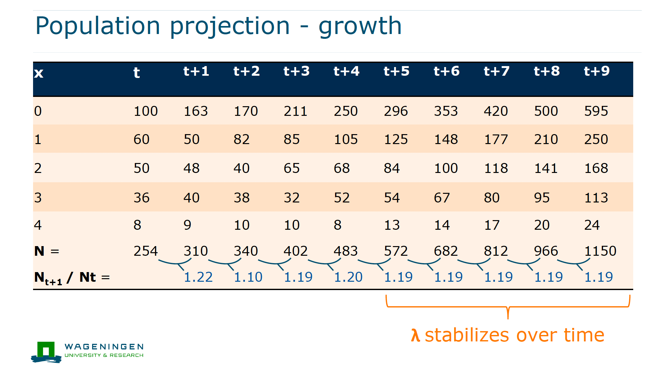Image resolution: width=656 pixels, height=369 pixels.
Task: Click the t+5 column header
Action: point(396,71)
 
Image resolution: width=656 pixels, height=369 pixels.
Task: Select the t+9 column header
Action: point(597,71)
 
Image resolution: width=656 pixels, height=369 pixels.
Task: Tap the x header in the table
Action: point(39,73)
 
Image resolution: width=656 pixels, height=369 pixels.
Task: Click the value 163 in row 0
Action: point(196,111)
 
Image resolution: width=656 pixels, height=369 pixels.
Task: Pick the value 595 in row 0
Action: point(596,111)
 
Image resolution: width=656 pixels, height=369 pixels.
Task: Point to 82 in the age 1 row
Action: point(241,140)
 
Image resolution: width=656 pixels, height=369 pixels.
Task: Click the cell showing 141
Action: point(546,168)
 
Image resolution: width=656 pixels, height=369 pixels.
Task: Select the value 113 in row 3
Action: point(596,198)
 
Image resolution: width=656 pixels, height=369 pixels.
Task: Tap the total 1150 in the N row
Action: point(600,251)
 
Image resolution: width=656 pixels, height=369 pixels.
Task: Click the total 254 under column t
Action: point(146,251)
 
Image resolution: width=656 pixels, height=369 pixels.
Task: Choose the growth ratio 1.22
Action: point(198,277)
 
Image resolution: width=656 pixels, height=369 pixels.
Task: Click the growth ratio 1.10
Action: point(248,277)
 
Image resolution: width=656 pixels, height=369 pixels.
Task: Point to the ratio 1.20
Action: point(348,277)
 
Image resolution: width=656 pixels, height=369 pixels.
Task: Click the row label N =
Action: point(47,251)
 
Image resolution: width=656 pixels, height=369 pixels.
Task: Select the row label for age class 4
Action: point(38,225)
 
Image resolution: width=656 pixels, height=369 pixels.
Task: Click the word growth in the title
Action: point(360,26)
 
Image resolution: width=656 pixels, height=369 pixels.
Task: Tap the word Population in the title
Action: point(98,26)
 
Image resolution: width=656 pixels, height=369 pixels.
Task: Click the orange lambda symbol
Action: point(415,335)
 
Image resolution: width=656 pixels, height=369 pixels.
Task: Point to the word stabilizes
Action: point(467,335)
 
